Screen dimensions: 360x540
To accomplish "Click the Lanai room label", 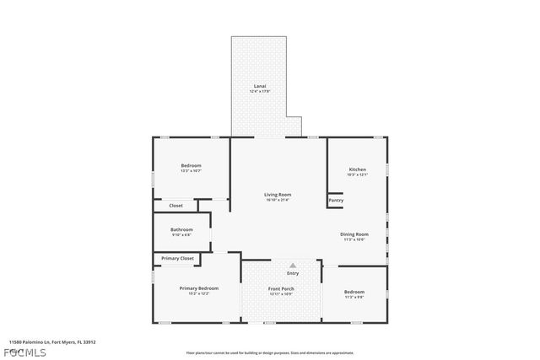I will pyautogui.click(x=261, y=86).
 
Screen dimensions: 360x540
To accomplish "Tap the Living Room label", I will pyautogui.click(x=278, y=195).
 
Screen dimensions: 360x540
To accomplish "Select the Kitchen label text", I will pyautogui.click(x=358, y=169).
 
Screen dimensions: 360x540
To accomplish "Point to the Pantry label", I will pyautogui.click(x=336, y=201).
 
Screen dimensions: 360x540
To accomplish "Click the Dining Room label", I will pyautogui.click(x=354, y=234).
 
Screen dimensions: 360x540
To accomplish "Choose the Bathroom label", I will pyautogui.click(x=181, y=229).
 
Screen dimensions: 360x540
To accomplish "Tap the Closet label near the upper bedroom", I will pyautogui.click(x=175, y=206).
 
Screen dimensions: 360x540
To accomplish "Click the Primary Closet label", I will pyautogui.click(x=177, y=258).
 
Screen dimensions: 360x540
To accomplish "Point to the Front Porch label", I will pyautogui.click(x=281, y=288).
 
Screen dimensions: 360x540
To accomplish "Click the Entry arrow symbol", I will pyautogui.click(x=293, y=265).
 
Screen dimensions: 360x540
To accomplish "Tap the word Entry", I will pyautogui.click(x=293, y=273).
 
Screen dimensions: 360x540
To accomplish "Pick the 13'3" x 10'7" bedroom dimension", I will pyautogui.click(x=191, y=171).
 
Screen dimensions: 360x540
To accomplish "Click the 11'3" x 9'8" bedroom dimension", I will pyautogui.click(x=354, y=298).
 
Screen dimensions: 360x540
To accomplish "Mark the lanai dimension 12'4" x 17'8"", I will pyautogui.click(x=261, y=91).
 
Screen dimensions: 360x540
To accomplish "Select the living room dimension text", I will pyautogui.click(x=278, y=200).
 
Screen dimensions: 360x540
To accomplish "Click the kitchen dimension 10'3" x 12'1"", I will pyautogui.click(x=358, y=175).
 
